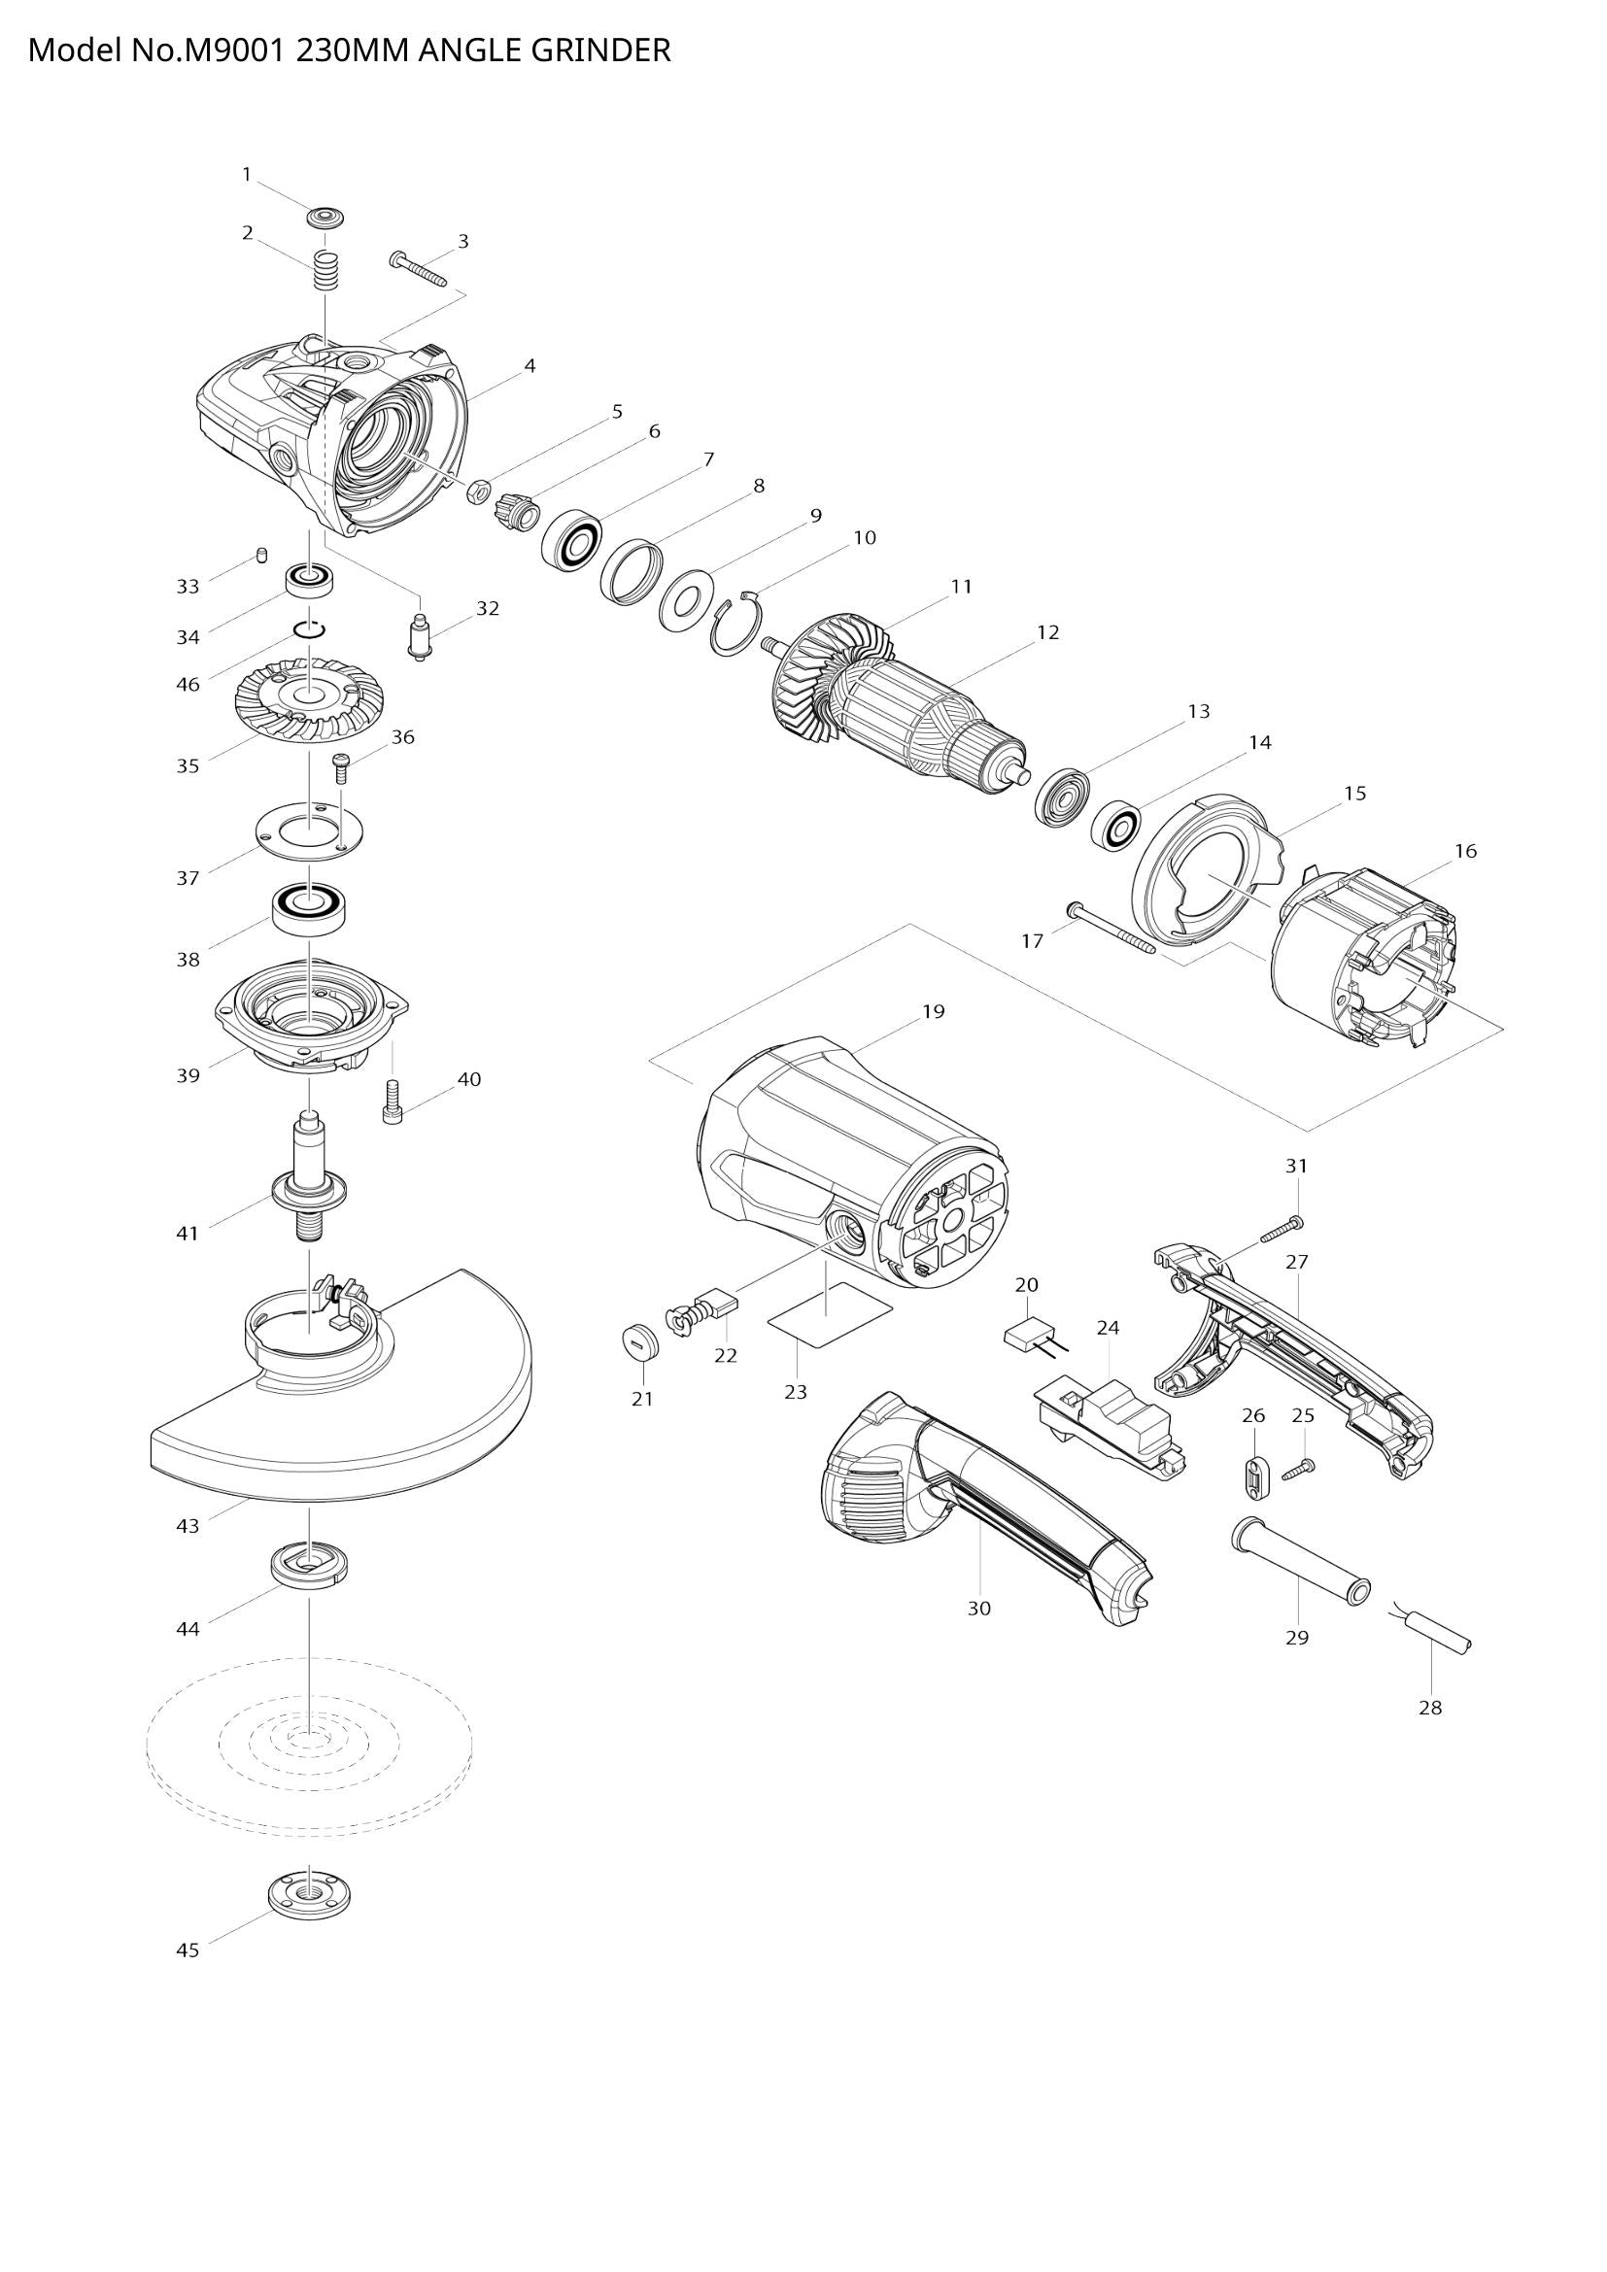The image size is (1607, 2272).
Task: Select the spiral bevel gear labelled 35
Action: pyautogui.click(x=310, y=699)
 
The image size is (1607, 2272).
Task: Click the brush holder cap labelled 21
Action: pyautogui.click(x=642, y=1341)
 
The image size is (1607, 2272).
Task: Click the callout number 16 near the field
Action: pyautogui.click(x=1464, y=851)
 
